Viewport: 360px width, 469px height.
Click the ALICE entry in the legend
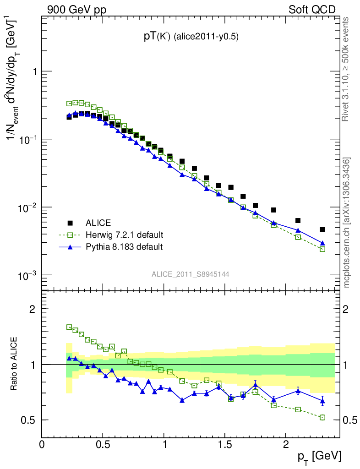click(98, 223)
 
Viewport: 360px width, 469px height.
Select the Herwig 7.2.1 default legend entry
click(124, 235)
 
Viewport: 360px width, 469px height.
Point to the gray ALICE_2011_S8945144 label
click(191, 274)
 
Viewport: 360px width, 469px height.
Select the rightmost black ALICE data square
click(322, 229)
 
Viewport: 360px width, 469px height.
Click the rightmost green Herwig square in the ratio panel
click(322, 417)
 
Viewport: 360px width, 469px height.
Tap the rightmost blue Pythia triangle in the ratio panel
click(322, 401)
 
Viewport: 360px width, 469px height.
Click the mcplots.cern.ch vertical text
click(347, 223)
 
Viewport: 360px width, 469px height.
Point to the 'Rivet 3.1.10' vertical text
click(347, 69)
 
